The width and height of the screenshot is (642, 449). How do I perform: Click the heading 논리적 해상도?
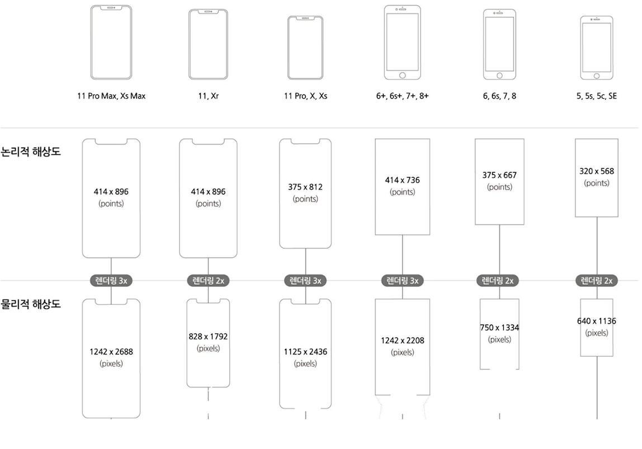31,152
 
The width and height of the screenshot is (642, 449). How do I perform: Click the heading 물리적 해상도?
31,304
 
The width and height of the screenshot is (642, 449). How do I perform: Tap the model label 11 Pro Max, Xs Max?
111,96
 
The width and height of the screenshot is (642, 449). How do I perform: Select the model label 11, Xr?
208,96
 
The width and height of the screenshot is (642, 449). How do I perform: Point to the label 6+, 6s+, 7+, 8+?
402,96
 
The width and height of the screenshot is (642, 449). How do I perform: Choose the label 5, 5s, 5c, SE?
597,96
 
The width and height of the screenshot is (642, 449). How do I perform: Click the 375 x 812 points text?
305,187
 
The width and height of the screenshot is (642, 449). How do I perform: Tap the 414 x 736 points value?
402,180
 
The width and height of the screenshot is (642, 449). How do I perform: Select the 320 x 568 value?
597,171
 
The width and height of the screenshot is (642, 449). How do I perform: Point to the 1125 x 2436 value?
305,352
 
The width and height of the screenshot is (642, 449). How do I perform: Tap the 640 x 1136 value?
597,321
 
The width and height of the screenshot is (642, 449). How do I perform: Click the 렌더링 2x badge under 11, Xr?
208,281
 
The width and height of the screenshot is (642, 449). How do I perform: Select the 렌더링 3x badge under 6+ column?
402,281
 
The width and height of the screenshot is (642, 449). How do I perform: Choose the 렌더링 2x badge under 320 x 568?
597,281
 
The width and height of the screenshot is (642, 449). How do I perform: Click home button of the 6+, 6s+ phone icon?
402,75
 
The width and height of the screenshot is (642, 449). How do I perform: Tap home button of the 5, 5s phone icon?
597,76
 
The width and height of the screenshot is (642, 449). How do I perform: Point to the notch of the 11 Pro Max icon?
111,8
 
